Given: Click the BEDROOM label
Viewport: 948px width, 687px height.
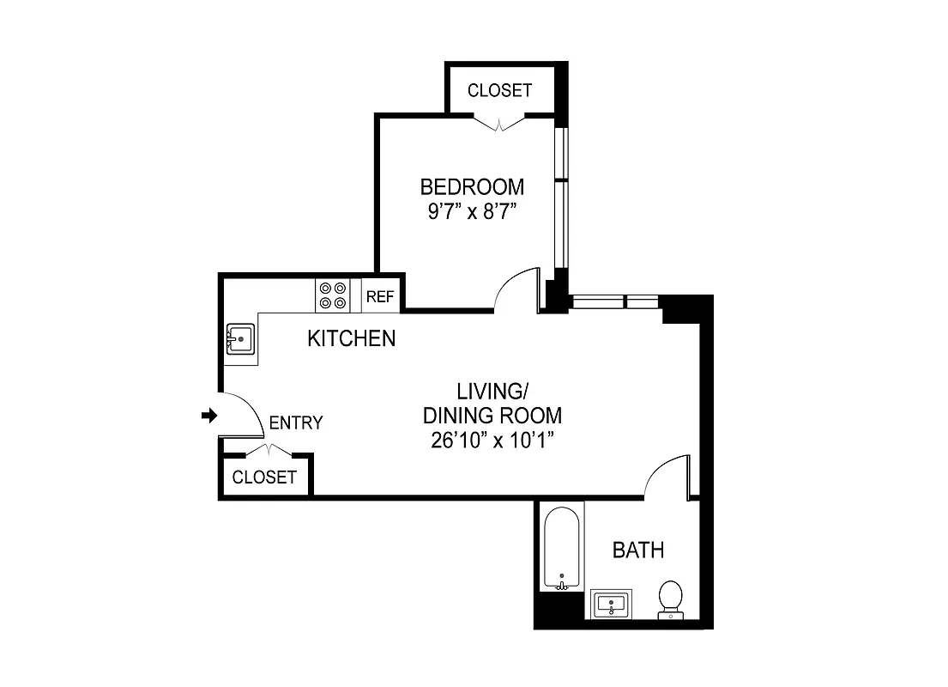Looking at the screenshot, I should click(471, 186).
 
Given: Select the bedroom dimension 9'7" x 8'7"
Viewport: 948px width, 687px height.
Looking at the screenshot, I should click(471, 212).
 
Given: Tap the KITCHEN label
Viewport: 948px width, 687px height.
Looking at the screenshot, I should click(352, 338).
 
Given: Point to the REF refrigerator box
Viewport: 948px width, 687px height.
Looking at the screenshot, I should click(379, 297).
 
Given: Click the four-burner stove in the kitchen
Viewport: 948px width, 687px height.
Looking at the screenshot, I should click(333, 295).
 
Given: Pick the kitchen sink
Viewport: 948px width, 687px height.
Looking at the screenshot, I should click(241, 340).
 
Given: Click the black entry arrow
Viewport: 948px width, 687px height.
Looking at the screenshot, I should click(208, 416).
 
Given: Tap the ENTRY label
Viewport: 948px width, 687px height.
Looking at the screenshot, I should click(296, 423).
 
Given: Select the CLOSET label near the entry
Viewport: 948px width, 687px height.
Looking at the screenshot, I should click(264, 477).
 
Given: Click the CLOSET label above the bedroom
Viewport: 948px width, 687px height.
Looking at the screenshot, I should click(499, 90).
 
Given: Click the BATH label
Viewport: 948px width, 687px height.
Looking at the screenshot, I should click(638, 550).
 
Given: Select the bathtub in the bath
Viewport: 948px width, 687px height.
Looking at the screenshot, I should click(562, 546).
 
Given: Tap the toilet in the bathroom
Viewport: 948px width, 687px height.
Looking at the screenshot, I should click(670, 599).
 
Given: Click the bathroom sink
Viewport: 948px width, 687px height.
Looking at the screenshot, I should click(611, 604).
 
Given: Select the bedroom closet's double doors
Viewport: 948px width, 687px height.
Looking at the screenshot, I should click(499, 122).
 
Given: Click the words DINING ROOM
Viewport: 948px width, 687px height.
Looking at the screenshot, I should click(493, 416).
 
